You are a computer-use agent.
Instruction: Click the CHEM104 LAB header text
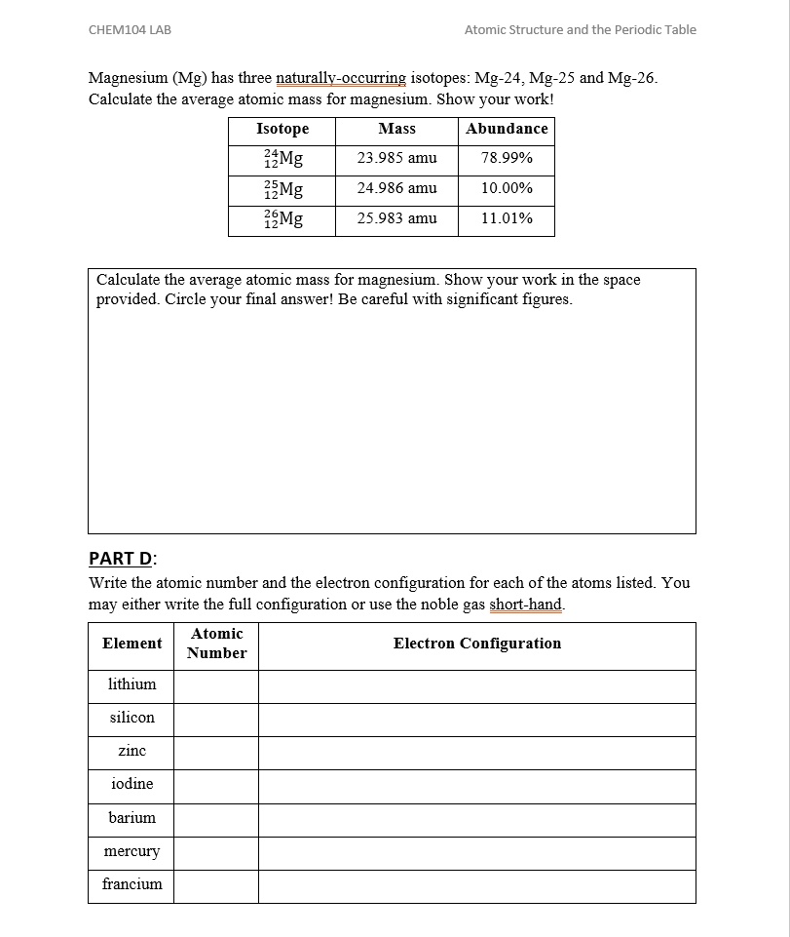point(130,30)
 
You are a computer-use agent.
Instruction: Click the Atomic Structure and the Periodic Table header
point(580,30)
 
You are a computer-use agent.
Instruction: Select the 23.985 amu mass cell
point(396,158)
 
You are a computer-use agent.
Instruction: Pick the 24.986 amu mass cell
point(396,188)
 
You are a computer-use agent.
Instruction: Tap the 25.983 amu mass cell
point(396,218)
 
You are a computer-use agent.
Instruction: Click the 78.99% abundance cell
point(507,158)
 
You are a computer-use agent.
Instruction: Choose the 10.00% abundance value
point(507,188)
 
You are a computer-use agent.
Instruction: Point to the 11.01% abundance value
point(507,218)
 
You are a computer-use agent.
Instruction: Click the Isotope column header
point(282,129)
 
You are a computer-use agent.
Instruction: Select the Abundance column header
point(507,129)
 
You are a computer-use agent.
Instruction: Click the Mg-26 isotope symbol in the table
point(283,219)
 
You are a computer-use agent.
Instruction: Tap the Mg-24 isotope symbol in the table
point(283,159)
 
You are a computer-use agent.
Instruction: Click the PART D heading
point(122,559)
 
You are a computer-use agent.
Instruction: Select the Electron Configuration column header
point(477,644)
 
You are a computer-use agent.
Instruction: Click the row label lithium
point(132,684)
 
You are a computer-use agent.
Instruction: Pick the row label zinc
point(132,751)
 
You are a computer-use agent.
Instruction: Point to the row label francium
point(132,884)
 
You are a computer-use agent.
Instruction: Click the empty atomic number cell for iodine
point(216,786)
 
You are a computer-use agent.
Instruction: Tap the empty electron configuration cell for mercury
point(477,853)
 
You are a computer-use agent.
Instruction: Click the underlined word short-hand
point(526,605)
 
